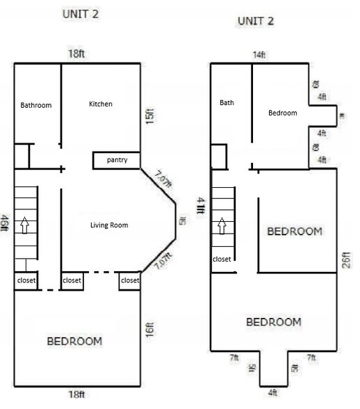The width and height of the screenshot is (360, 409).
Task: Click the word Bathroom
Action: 36,106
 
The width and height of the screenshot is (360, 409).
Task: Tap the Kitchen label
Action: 101,104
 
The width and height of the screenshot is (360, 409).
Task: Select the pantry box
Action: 116,161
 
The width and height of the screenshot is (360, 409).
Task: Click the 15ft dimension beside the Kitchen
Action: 149,115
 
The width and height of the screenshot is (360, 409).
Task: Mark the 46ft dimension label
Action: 6,223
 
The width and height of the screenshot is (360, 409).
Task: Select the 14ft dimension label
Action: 259,54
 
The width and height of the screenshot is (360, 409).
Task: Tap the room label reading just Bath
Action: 227,103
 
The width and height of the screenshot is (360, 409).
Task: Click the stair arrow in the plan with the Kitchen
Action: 26,225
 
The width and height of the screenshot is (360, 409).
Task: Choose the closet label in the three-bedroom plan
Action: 222,259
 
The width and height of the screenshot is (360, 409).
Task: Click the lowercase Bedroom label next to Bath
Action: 283,113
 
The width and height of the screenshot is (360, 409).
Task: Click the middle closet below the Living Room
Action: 72,281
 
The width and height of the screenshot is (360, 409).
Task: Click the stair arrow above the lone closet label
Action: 222,225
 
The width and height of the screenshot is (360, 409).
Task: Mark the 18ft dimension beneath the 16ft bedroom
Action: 76,394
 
